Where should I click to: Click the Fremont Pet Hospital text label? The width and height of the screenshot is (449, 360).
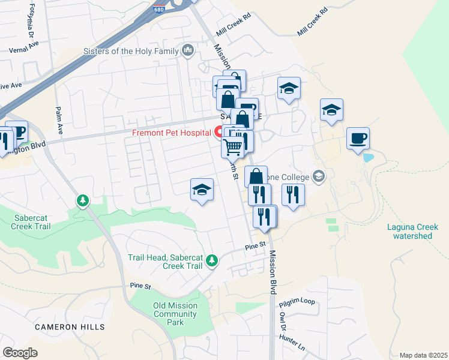[170, 132]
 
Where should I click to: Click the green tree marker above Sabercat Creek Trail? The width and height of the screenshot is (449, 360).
[83, 200]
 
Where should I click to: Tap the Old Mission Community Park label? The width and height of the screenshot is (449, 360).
[175, 314]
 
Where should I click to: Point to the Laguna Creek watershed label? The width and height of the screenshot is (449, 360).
[412, 231]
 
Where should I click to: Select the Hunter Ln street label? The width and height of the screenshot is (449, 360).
[292, 343]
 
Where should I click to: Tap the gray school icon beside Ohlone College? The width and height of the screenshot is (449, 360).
[318, 176]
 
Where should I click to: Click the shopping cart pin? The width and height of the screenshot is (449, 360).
[232, 146]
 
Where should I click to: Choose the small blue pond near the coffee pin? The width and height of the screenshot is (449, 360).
[368, 158]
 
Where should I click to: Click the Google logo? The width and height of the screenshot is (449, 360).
[20, 353]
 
